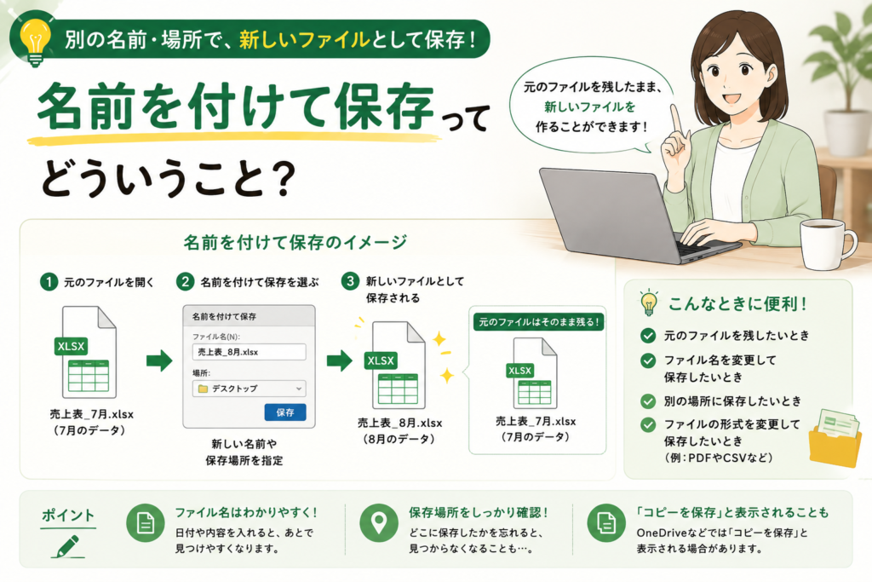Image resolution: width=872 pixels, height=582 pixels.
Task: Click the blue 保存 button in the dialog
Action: pos(284,412)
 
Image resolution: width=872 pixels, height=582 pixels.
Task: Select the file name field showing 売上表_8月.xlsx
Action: pos(250,352)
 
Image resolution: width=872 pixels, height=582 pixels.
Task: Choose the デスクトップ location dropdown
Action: pos(250,389)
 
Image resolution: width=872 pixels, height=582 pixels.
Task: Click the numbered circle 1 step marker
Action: pos(49,282)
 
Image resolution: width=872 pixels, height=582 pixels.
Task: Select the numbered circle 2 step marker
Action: pos(185,281)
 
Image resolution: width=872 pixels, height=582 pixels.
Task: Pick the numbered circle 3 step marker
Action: pos(350,281)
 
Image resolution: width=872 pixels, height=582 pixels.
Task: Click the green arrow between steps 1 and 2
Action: pos(159,360)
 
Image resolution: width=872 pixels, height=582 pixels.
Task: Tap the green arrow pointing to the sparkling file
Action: pos(339,360)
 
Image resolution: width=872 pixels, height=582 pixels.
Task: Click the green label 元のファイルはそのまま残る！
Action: pos(538,321)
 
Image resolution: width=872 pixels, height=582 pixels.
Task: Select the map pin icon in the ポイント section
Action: pos(379,523)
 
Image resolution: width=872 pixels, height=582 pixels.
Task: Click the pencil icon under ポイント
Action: pos(68,546)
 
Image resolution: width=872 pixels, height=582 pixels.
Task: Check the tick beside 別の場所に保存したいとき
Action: pos(648,400)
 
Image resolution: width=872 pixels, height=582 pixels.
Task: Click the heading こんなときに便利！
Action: pos(737,304)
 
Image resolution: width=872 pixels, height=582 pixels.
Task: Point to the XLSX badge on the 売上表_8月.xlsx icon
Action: pos(381,360)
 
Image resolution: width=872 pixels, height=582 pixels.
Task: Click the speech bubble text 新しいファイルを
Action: pos(589,107)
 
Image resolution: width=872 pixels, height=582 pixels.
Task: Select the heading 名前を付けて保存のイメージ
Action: pos(295,242)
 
